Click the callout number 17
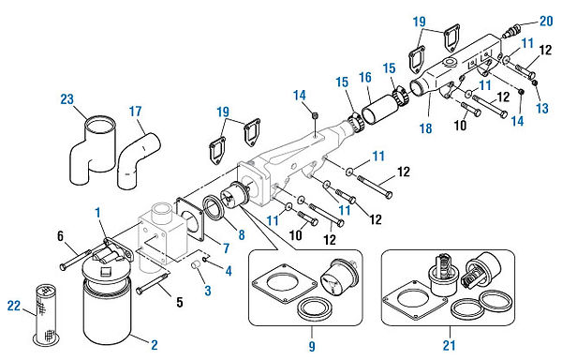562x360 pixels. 137,111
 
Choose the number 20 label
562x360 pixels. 545,20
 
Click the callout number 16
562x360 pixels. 365,79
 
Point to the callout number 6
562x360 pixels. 61,235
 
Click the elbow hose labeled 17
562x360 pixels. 133,154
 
